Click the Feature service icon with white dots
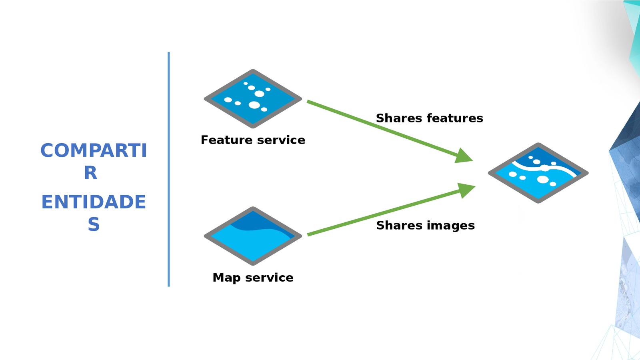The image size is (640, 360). coord(253,99)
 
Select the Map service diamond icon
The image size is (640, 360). coord(253,236)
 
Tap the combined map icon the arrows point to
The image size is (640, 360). coord(538,173)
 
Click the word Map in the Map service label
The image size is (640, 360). coord(226,278)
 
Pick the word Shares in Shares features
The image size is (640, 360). coord(399,118)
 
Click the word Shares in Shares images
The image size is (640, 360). coord(399,226)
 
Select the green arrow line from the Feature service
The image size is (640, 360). coord(380,128)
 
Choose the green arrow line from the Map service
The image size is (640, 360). coord(380,214)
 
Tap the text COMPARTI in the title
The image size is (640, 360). coord(94,151)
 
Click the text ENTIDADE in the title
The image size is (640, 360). coord(94,202)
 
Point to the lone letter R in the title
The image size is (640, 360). coord(91,173)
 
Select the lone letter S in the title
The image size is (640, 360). coord(94,224)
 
